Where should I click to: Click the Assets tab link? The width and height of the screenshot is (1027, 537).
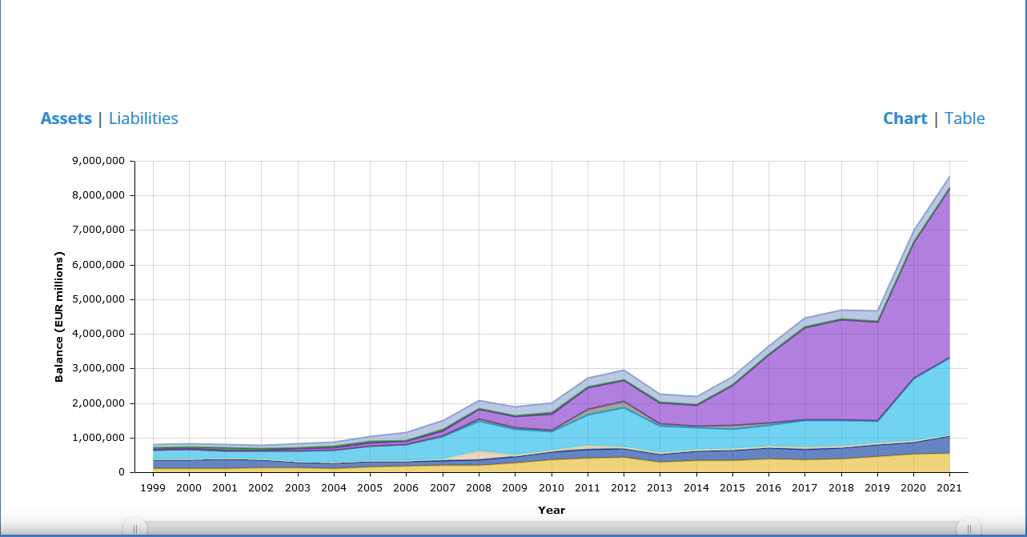(x=66, y=118)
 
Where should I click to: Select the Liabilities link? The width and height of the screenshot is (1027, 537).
(x=143, y=118)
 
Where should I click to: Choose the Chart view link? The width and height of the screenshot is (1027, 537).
(x=905, y=118)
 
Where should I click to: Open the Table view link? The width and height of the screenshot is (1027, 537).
(x=965, y=118)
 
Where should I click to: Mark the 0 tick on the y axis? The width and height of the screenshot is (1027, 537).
(x=122, y=472)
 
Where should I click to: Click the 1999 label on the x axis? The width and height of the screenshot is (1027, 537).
(x=153, y=487)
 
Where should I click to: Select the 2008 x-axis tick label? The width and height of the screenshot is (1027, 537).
(x=479, y=487)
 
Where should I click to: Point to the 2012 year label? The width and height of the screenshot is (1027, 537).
(x=624, y=487)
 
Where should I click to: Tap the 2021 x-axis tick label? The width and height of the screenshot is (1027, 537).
(x=949, y=487)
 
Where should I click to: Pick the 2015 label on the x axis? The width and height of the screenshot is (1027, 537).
(x=732, y=487)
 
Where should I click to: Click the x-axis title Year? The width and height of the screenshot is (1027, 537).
(x=551, y=510)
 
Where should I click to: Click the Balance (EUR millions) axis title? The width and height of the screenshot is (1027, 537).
(x=59, y=317)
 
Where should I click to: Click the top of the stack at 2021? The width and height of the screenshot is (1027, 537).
(x=949, y=176)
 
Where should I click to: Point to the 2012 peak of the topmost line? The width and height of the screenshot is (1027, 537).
(x=624, y=370)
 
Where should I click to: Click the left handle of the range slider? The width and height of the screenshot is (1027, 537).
(x=134, y=528)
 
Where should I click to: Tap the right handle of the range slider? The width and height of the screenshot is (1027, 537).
(x=969, y=528)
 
